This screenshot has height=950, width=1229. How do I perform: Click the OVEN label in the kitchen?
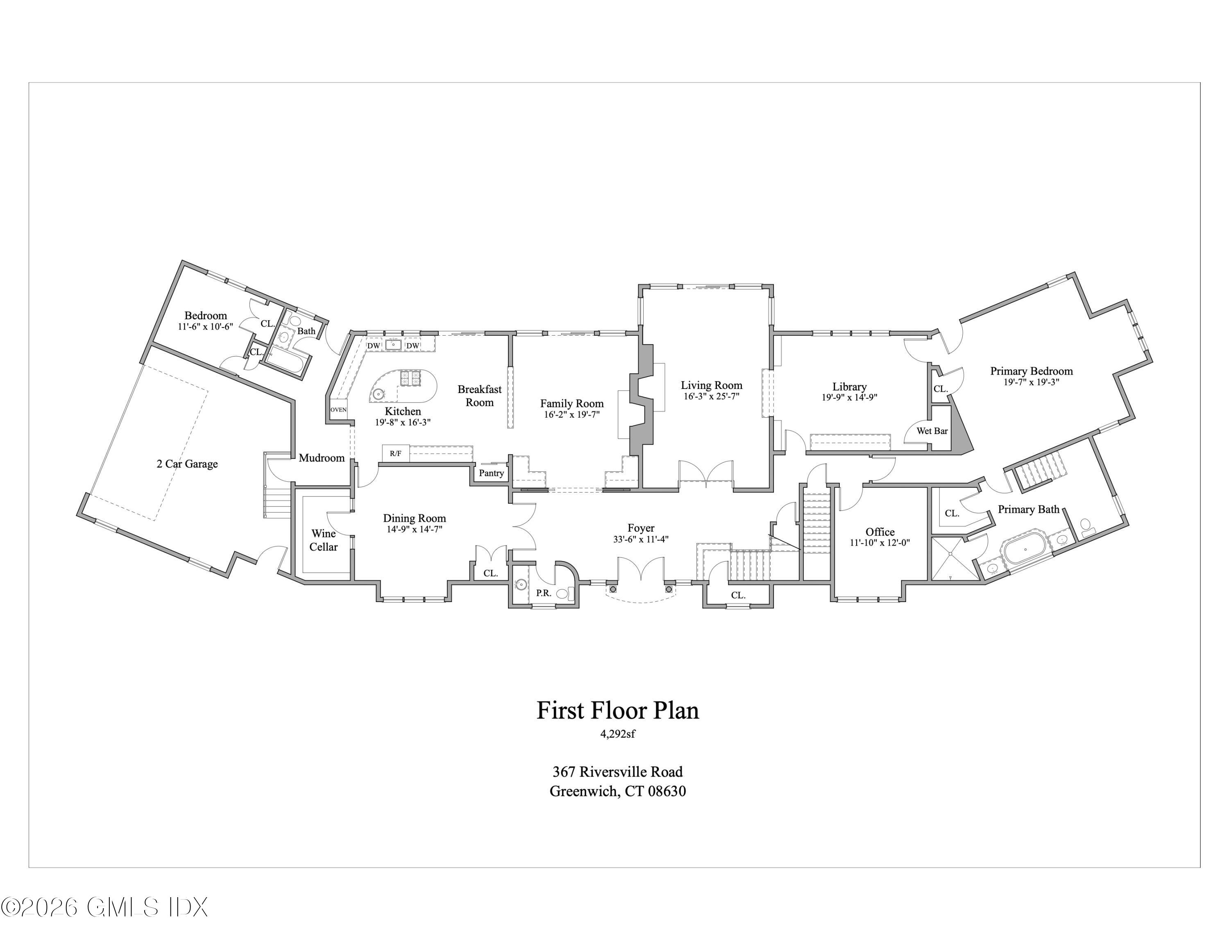tap(338, 410)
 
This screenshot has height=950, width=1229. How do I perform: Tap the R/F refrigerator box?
tap(396, 453)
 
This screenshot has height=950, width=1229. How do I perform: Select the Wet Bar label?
tap(932, 431)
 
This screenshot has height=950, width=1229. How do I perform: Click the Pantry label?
tap(491, 473)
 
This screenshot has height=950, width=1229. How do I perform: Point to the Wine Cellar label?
tap(324, 540)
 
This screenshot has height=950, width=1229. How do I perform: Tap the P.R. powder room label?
tap(543, 593)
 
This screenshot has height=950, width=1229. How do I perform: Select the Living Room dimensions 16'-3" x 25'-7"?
tap(711, 396)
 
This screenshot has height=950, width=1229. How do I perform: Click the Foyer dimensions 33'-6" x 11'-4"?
tap(641, 539)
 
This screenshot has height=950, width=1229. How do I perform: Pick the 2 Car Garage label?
tap(187, 464)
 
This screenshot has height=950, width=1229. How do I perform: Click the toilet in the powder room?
tap(565, 593)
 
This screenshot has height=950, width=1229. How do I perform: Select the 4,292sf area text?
tap(618, 734)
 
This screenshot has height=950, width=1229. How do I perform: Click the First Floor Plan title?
tap(618, 710)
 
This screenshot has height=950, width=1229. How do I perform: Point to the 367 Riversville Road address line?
tap(618, 772)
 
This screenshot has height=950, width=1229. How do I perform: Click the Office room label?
tap(880, 532)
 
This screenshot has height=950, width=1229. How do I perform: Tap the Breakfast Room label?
tap(479, 395)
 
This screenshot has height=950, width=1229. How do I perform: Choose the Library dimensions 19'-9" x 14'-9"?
tap(849, 397)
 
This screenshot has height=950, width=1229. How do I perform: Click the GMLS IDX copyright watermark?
tap(104, 907)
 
